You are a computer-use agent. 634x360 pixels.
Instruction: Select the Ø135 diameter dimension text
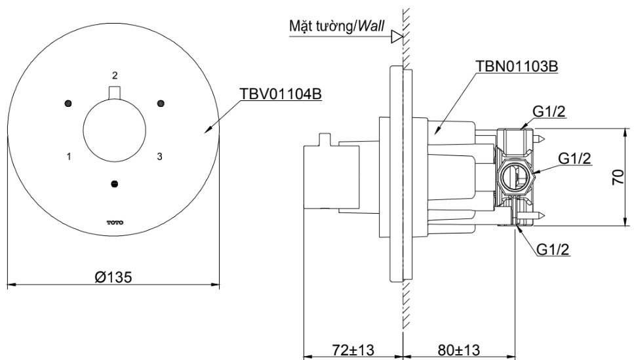pos(113,276)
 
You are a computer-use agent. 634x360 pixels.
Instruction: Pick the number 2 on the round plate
pos(115,75)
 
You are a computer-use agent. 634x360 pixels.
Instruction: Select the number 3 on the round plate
pos(159,156)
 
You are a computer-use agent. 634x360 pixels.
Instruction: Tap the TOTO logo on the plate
pos(115,223)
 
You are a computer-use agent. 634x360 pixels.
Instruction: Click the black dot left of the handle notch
pos(68,103)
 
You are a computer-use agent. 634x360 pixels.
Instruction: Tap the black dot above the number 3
pos(159,103)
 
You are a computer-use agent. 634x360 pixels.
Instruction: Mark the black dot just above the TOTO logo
pos(115,183)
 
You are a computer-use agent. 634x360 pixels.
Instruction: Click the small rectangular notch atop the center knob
pos(115,92)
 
